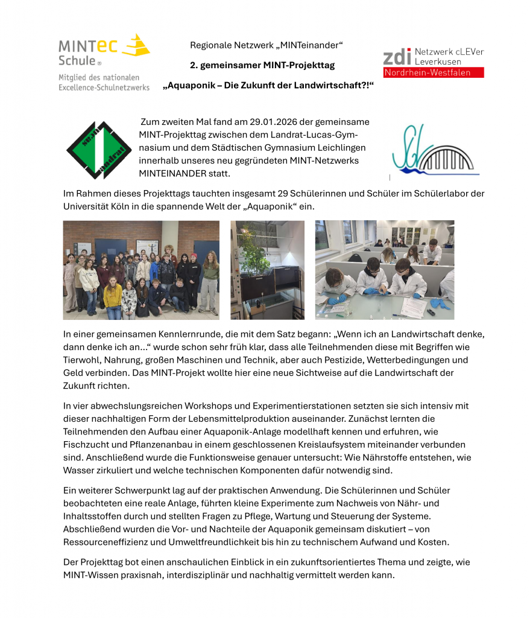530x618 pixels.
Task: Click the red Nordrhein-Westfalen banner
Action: [x=434, y=72]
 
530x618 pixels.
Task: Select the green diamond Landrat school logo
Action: [x=99, y=150]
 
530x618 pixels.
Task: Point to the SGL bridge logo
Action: [x=434, y=151]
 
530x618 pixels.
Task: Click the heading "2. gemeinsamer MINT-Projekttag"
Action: [x=262, y=65]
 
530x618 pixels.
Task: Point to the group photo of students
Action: [x=141, y=270]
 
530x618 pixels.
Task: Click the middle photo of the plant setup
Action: [x=267, y=270]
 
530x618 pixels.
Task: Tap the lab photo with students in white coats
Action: [x=384, y=270]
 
